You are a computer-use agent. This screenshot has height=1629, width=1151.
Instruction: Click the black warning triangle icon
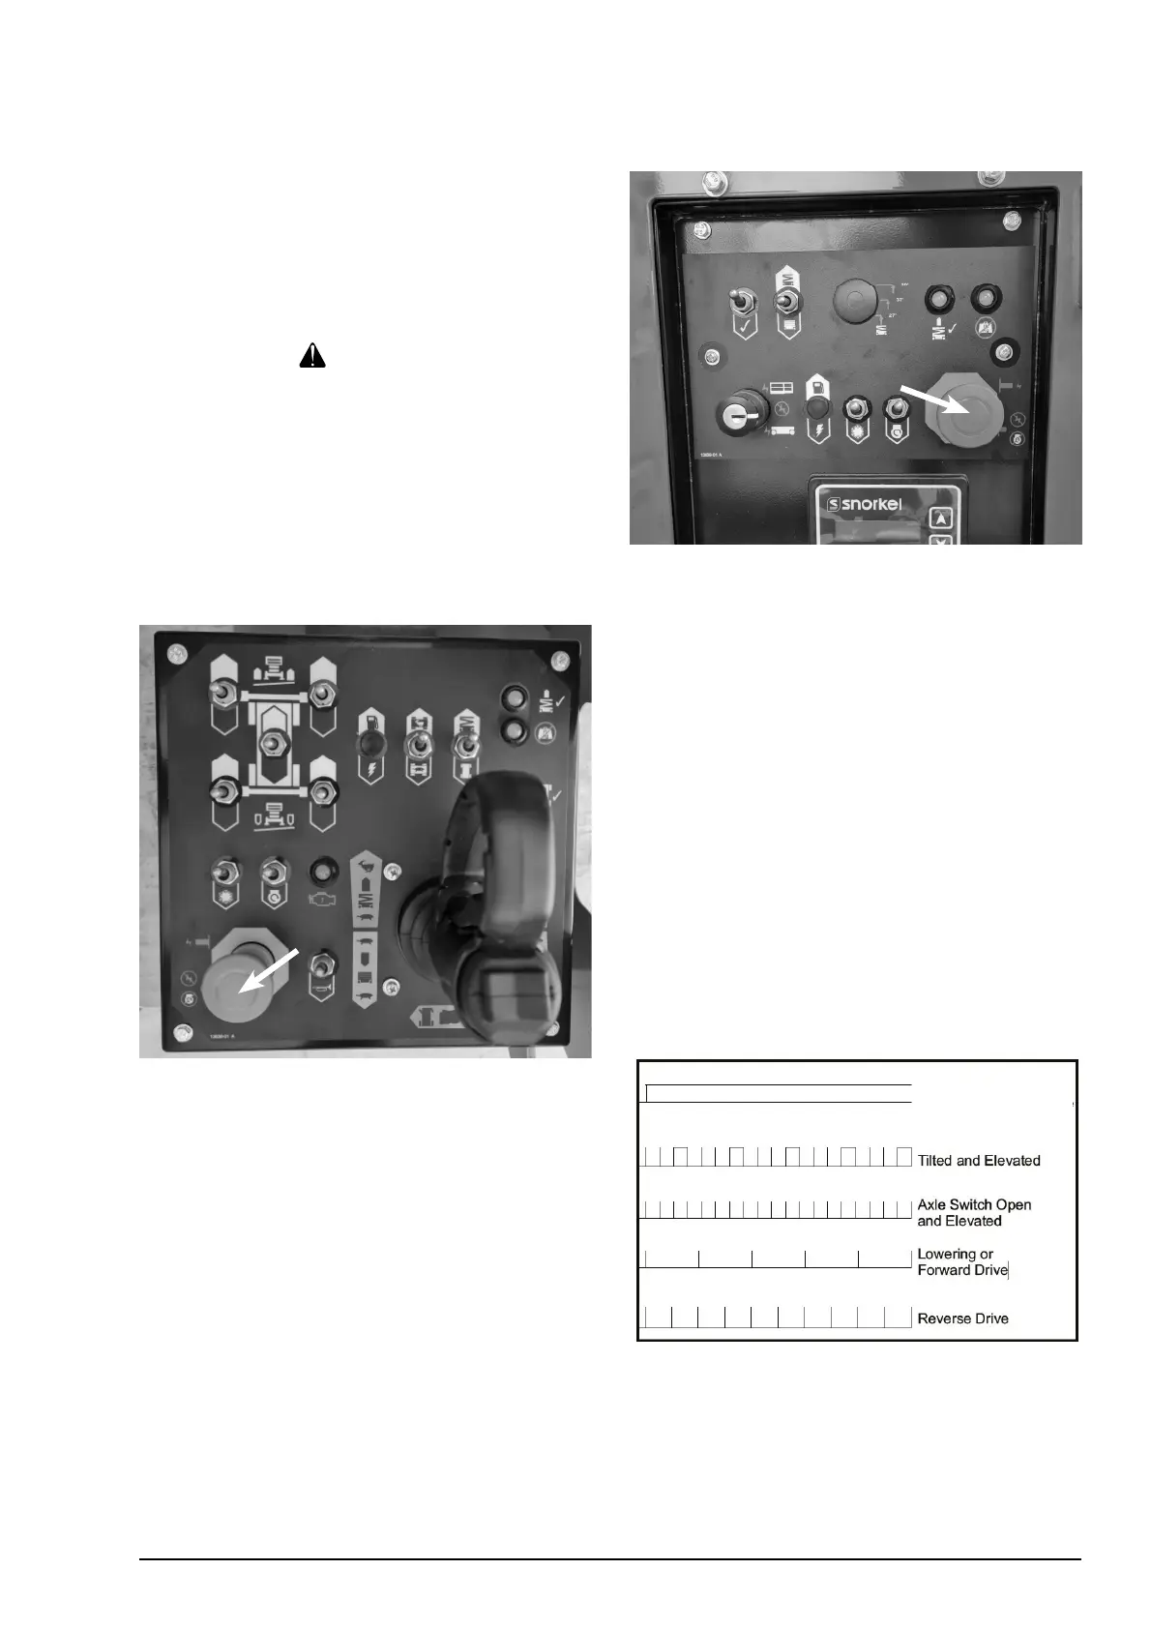pyautogui.click(x=312, y=356)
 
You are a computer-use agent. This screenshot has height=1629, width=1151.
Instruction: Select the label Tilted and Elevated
pyautogui.click(x=979, y=1161)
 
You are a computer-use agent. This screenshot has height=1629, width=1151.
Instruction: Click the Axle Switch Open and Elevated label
pyautogui.click(x=974, y=1213)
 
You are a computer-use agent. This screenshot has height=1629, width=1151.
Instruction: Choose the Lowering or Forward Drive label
pyautogui.click(x=962, y=1262)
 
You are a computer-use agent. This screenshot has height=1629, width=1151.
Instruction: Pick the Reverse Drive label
pyautogui.click(x=962, y=1318)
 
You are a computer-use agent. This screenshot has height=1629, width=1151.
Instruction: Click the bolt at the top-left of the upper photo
pyautogui.click(x=712, y=179)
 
